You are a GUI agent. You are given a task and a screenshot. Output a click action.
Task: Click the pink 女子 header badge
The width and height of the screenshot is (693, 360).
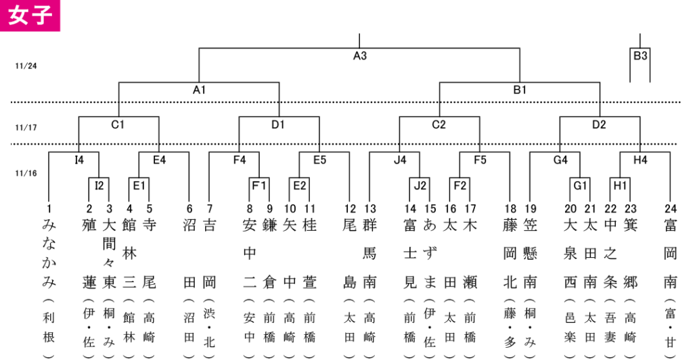30,16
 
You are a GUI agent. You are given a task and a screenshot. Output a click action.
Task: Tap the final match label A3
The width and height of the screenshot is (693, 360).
360,55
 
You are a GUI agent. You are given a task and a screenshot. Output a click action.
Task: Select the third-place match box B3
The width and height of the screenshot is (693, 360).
640,55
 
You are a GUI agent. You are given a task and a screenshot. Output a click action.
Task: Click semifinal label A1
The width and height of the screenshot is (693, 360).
200,90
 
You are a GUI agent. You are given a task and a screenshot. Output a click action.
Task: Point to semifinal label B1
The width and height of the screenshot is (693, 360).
520,90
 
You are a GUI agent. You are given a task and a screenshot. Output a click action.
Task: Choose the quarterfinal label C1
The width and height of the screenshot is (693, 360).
118,125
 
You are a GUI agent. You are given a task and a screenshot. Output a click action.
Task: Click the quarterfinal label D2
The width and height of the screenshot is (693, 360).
599,125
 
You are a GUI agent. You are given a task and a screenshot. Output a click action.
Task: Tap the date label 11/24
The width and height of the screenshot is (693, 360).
26,66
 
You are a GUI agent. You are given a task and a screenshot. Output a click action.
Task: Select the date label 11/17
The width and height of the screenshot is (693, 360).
26,128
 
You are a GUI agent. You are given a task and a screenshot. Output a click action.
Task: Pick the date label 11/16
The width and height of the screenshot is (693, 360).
26,173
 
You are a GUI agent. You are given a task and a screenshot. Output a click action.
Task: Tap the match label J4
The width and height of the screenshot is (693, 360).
400,160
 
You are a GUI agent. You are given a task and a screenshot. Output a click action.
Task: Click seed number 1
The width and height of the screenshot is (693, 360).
49,208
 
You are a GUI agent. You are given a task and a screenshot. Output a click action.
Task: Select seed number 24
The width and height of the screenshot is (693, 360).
671,208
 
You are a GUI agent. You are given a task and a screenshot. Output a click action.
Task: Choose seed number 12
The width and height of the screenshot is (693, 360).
350,208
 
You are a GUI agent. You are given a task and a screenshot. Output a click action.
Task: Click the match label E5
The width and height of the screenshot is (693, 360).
319,160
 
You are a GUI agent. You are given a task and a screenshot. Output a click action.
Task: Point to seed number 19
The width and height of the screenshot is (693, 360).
531,208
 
